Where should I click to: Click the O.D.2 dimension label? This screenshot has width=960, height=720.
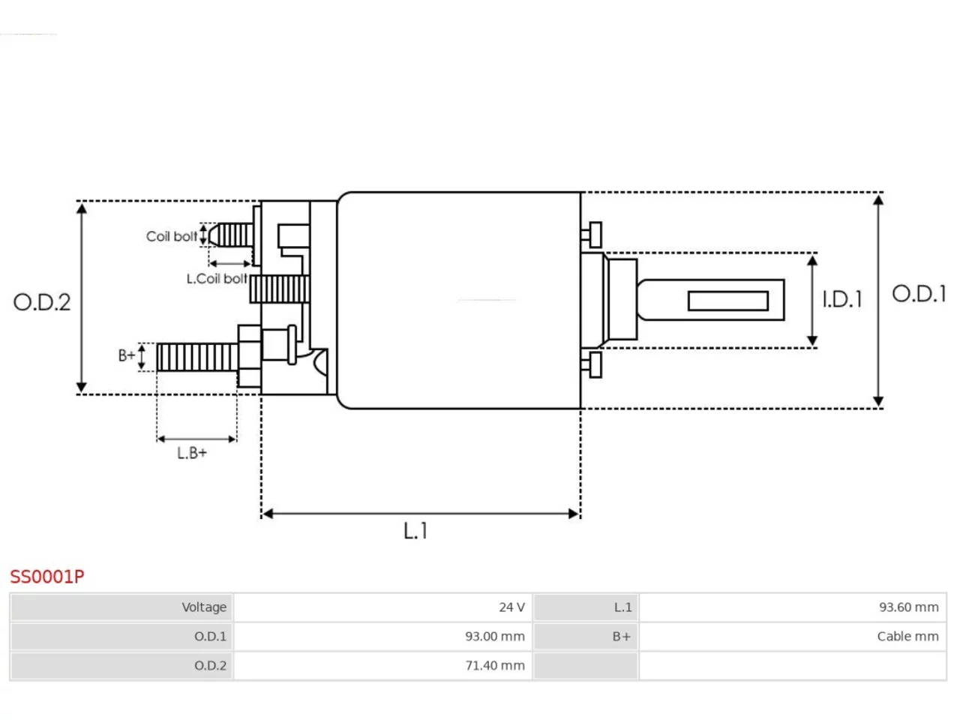coord(42,302)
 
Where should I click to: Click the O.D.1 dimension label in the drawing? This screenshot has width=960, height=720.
coord(919,294)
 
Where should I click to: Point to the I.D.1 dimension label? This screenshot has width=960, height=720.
coord(842,300)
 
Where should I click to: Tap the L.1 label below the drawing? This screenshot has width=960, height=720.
coord(415,531)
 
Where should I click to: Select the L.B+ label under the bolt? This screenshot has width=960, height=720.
coord(191,453)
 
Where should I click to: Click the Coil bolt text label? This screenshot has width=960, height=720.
coord(172,236)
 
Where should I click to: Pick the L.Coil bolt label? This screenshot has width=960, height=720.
coord(217,278)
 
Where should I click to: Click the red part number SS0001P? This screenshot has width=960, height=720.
coord(46,577)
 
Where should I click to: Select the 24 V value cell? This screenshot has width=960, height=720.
coord(511,607)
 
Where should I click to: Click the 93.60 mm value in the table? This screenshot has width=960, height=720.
coord(909,607)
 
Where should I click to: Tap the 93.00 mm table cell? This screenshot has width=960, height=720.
coord(495,637)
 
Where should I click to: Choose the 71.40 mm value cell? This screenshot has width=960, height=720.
coord(495,666)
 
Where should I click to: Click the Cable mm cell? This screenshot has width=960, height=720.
coord(908,637)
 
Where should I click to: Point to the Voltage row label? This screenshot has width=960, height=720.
coord(204,607)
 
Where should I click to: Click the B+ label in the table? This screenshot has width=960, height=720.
coord(622,637)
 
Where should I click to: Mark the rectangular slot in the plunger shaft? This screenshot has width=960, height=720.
coord(728,301)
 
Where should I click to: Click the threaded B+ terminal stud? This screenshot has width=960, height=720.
coord(197,357)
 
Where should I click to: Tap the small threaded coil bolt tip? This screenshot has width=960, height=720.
coord(230,235)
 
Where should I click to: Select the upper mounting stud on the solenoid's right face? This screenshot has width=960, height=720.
coord(592,235)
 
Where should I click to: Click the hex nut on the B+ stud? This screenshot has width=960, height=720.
coord(250,356)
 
